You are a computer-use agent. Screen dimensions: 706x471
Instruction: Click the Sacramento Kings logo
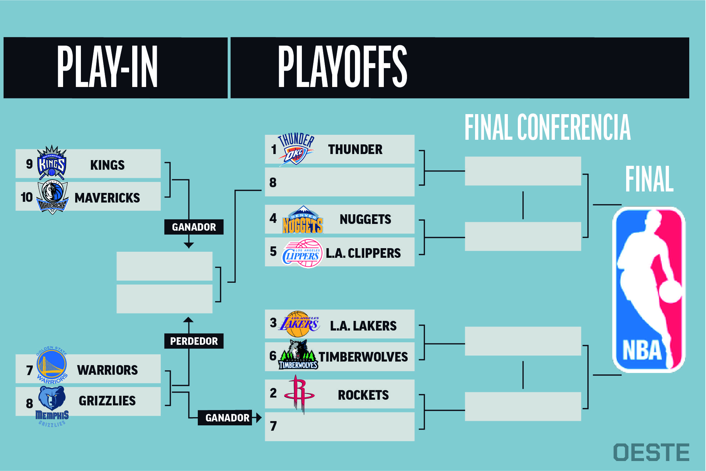tap(52, 163)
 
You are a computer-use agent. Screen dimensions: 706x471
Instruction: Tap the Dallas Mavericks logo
tap(52, 198)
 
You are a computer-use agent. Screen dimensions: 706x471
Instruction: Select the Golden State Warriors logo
tap(52, 365)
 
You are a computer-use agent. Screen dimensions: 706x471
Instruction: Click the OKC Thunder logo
tap(296, 150)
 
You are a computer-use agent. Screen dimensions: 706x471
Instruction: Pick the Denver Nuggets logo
tap(303, 220)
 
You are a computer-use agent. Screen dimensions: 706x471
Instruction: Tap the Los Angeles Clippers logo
tap(302, 254)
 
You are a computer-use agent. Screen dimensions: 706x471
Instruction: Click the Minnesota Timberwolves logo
tap(298, 354)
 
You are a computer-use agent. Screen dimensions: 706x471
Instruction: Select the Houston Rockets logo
tap(299, 394)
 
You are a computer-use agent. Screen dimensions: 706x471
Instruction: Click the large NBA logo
tap(649, 290)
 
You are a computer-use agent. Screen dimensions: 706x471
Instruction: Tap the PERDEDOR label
tap(194, 341)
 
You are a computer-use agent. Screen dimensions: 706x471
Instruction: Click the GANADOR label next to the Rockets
tap(227, 418)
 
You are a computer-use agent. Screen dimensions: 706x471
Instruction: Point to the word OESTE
tap(651, 452)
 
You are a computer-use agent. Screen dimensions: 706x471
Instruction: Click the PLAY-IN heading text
tap(107, 67)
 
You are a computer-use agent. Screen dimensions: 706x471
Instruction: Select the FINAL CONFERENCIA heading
tap(547, 127)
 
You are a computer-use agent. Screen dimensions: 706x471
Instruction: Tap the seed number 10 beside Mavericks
tap(27, 197)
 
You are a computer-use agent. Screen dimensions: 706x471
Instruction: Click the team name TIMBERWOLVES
tap(363, 357)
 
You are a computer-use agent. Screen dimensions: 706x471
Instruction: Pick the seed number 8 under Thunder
tap(273, 183)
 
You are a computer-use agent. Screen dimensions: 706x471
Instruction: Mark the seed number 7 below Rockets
tap(273, 426)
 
